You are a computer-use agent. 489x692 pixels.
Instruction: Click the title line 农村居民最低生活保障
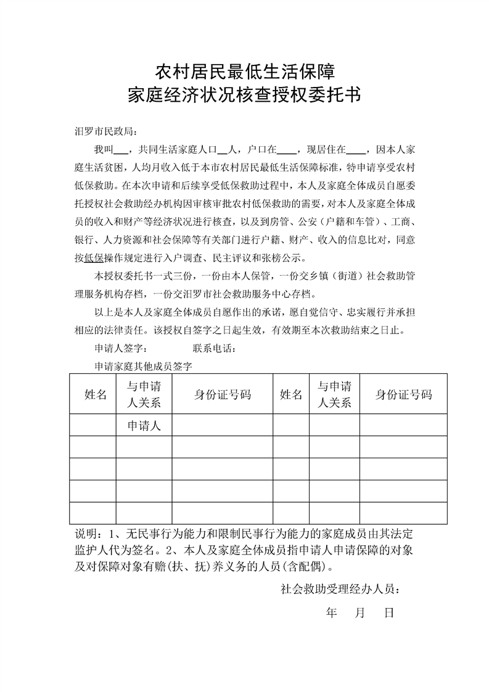tap(244, 72)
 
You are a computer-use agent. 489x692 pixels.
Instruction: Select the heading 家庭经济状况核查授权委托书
tap(244, 96)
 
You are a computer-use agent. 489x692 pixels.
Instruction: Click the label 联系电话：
tap(214, 348)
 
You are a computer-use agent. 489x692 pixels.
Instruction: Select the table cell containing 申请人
tap(144, 425)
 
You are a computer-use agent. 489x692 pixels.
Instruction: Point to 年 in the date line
tap(332, 614)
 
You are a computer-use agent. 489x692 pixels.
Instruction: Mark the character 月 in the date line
tap(361, 614)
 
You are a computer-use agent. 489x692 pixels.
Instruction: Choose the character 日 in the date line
tap(389, 614)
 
